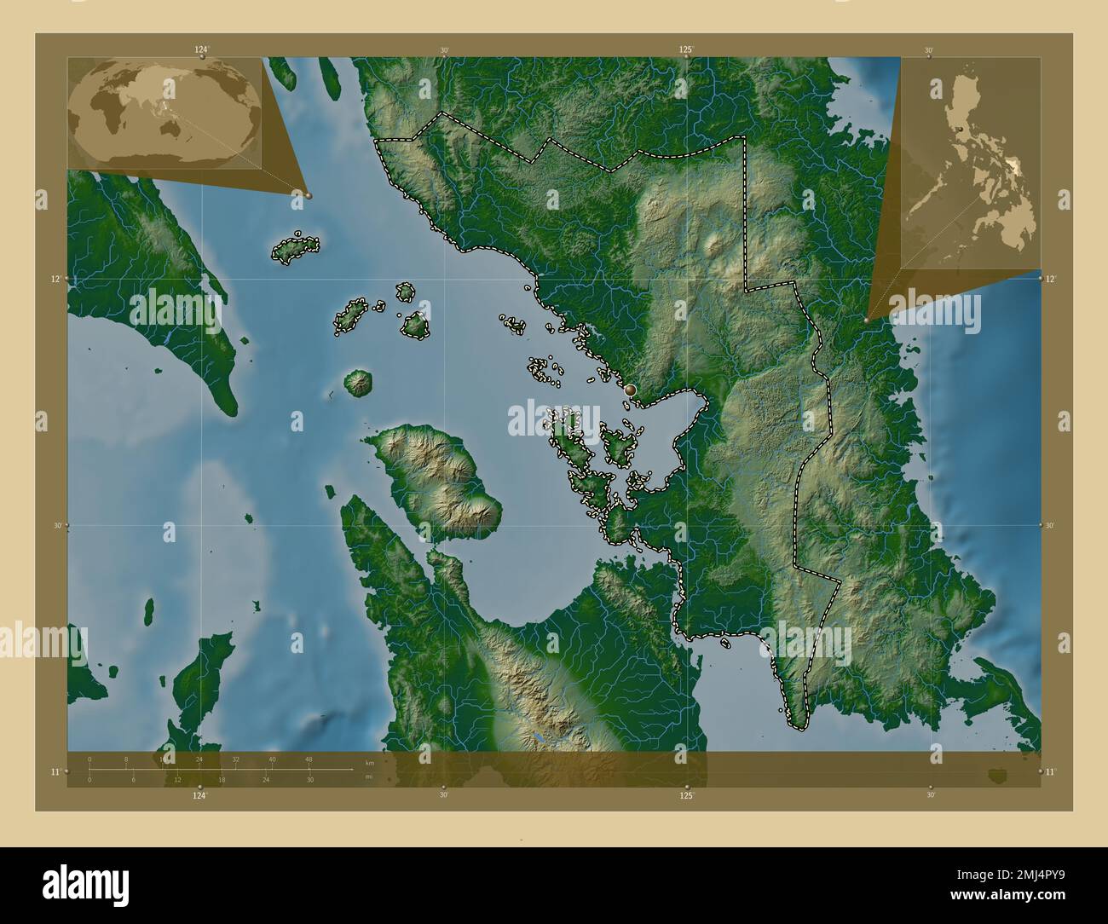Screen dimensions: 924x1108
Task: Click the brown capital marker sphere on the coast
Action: (630, 390)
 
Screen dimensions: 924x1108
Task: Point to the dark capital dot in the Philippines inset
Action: (960, 130)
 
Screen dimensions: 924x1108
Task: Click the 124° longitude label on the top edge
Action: (201, 49)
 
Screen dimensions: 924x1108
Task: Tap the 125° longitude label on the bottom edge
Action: (686, 795)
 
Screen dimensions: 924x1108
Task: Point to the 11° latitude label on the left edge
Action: (55, 771)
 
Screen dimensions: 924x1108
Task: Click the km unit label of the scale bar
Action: (369, 762)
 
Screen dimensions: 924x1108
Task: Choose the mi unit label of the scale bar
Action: (368, 777)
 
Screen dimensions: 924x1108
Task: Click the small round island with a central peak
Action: (358, 383)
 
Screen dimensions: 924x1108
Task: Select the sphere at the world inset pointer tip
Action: (309, 195)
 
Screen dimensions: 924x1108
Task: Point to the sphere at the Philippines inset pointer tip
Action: (867, 321)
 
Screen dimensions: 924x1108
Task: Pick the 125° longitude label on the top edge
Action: (686, 49)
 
